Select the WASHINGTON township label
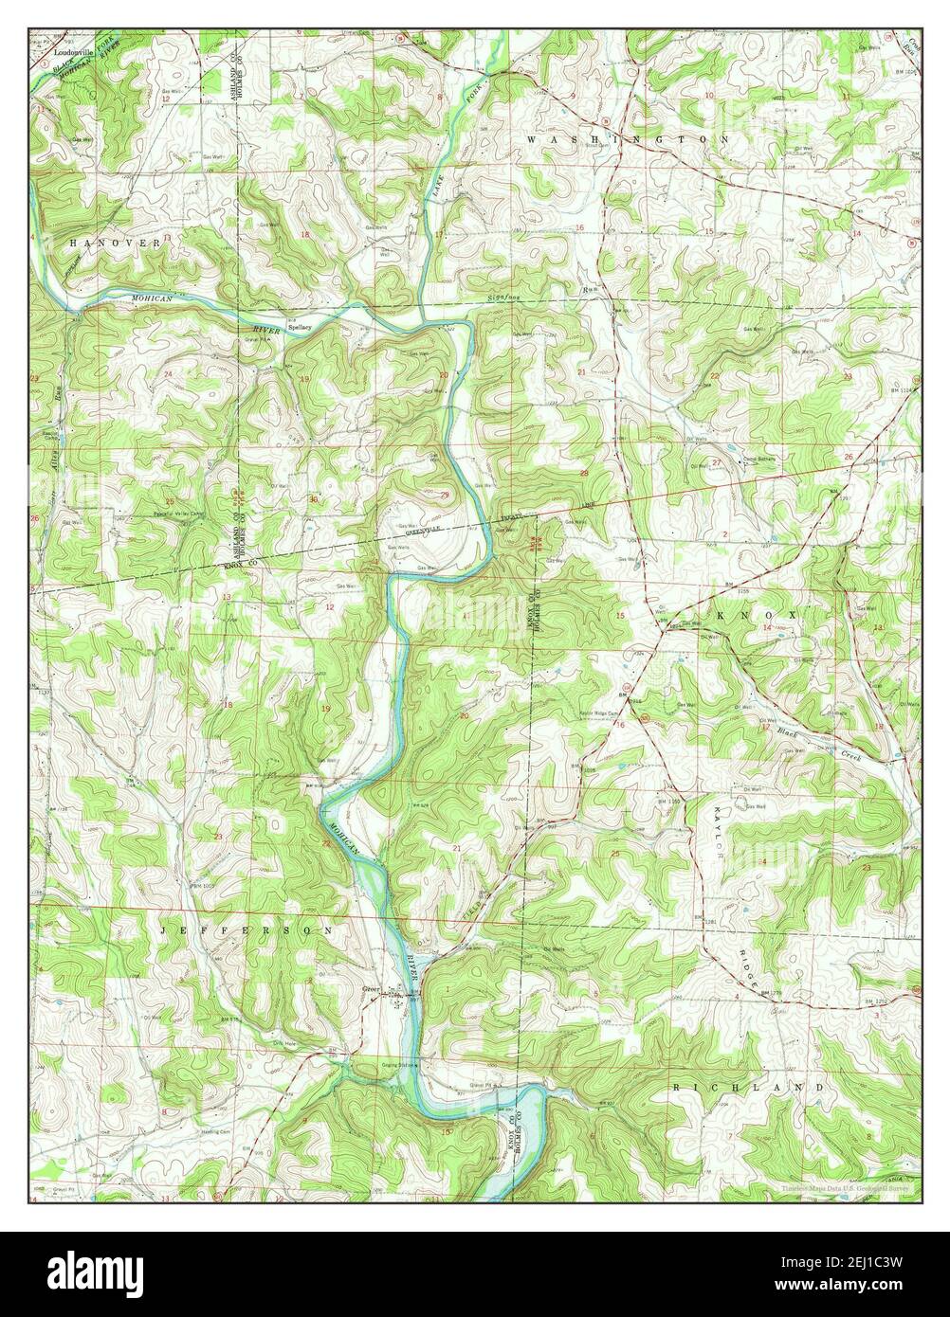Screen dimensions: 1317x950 click(627, 138)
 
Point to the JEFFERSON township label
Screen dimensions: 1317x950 click(247, 931)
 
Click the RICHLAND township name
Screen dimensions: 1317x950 click(749, 1087)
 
